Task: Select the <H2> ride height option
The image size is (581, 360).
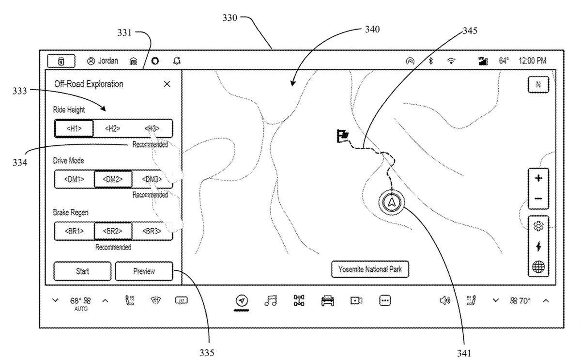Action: pos(112,129)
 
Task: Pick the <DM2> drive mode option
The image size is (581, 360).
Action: pos(112,179)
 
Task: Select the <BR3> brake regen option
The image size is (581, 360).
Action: pos(152,231)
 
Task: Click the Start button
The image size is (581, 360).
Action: pos(82,271)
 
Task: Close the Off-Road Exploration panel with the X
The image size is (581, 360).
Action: pos(167,84)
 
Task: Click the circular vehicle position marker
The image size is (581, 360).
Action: pos(391,202)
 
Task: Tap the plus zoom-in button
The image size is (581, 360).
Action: pos(538,178)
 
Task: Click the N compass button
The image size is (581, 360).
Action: pos(538,85)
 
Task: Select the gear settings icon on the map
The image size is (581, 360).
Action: pos(538,226)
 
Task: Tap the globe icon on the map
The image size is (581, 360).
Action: pos(538,266)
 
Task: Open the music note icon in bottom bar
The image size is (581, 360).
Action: pos(270,301)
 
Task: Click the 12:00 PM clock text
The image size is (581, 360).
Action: pos(532,61)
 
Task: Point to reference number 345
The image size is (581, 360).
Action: pos(469,31)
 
